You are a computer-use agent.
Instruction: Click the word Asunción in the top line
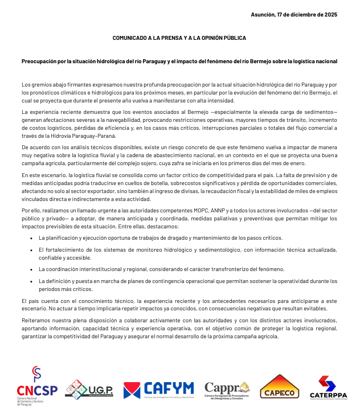click(264, 15)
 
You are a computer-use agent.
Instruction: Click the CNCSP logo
click(36, 387)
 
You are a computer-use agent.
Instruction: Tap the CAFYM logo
click(158, 390)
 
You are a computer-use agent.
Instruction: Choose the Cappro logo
click(227, 390)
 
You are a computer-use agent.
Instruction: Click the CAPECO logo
click(280, 387)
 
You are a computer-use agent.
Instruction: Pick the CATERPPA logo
click(328, 387)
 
